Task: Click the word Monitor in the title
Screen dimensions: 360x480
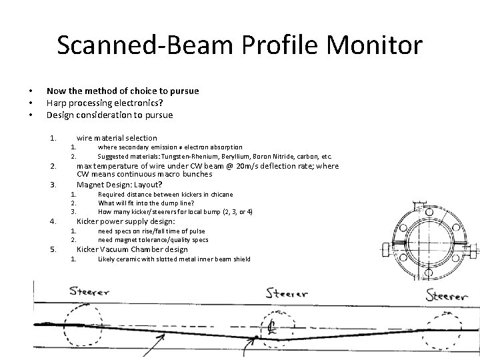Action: coord(369,45)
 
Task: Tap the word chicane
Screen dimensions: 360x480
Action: coord(221,194)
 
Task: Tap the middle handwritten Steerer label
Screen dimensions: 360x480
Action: coord(287,293)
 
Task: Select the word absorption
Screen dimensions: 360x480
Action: coord(224,147)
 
